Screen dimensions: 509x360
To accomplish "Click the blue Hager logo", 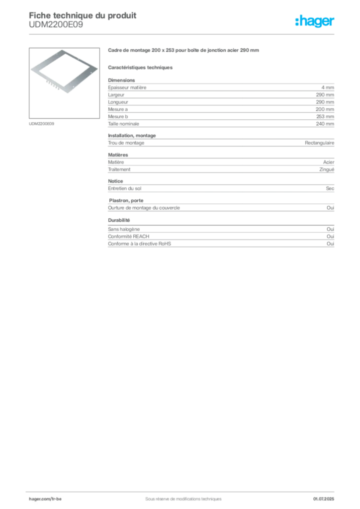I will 315,22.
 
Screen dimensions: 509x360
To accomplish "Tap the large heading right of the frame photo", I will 184,51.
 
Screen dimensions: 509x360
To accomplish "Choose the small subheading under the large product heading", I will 141,67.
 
